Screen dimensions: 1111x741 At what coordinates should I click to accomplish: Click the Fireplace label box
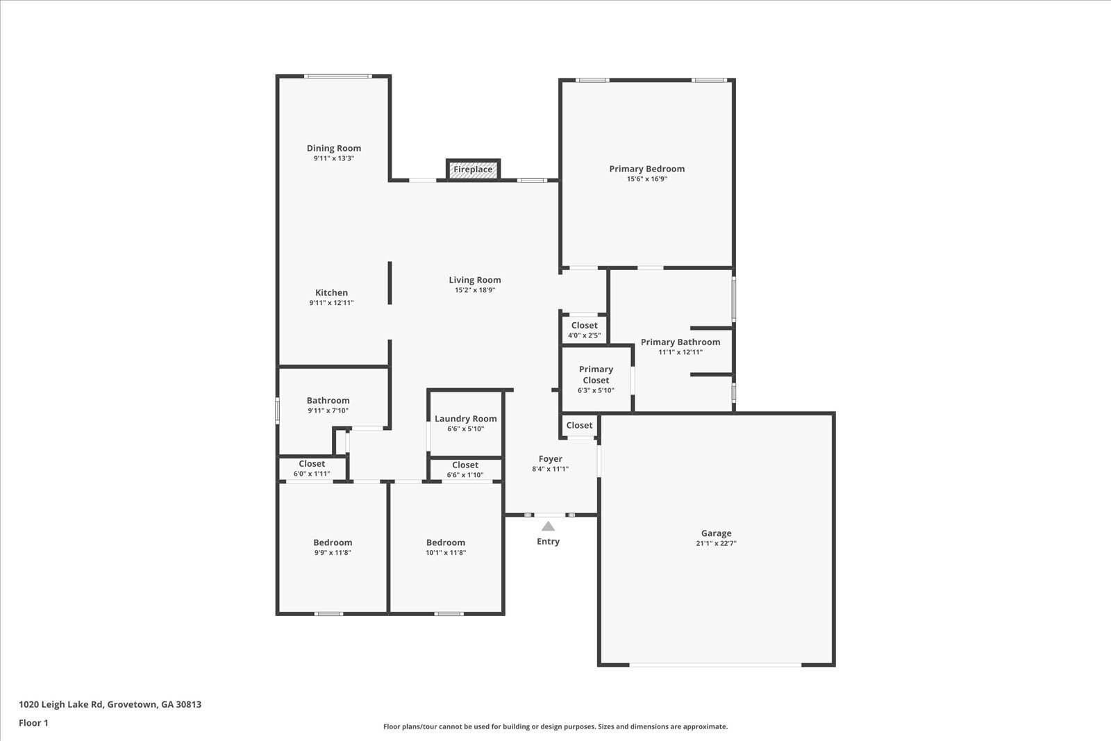tap(473, 169)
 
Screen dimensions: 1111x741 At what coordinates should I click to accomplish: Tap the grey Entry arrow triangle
tap(548, 526)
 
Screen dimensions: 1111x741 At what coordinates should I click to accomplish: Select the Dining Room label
tap(334, 148)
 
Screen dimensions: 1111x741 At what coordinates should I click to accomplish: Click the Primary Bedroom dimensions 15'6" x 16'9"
tap(646, 179)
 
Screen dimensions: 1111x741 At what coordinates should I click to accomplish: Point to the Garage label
tap(716, 533)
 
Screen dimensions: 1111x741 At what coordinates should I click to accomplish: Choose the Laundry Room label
tap(466, 419)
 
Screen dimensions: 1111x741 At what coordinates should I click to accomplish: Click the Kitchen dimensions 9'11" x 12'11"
tap(331, 303)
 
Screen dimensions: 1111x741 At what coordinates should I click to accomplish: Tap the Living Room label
tap(475, 280)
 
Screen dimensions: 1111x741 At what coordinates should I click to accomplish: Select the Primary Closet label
tap(596, 374)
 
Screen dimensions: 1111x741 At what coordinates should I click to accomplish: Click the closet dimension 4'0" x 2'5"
tap(584, 336)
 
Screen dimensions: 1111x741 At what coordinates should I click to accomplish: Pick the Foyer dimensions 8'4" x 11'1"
tap(550, 469)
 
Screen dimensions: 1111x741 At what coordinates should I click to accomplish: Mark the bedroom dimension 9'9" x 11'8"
tap(333, 553)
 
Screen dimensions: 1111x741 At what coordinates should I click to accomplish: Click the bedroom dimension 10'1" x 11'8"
tap(446, 553)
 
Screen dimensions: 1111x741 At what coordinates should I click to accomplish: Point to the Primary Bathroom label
tap(680, 342)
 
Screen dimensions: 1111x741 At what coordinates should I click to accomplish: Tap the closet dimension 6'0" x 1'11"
tap(312, 474)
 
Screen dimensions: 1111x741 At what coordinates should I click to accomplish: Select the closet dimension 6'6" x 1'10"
tap(465, 474)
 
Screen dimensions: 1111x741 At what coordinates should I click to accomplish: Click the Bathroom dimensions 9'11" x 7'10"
tap(328, 410)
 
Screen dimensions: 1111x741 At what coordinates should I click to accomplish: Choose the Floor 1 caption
tap(34, 723)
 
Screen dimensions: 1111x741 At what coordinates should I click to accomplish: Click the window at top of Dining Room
tap(337, 76)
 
